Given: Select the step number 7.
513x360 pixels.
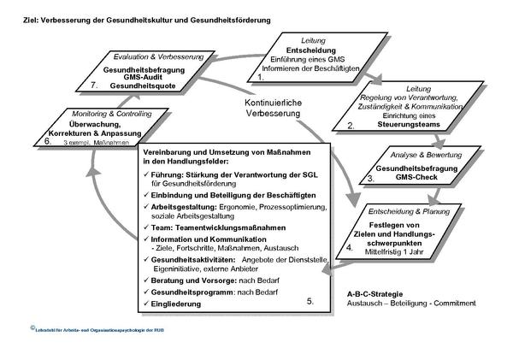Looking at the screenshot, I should [94, 86].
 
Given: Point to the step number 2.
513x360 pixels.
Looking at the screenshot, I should [350, 126].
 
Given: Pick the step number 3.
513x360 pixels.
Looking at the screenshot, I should [370, 180].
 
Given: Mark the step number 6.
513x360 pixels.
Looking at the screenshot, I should [48, 141].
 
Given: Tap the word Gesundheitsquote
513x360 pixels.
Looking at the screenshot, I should [144, 86].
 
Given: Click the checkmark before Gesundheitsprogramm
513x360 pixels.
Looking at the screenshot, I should [146, 292].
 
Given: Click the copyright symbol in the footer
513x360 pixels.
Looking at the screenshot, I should [32, 328].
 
